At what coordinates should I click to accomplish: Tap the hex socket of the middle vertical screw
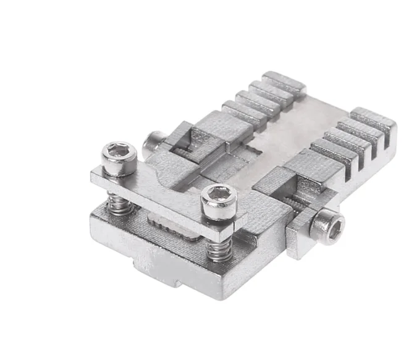pyautogui.click(x=219, y=195)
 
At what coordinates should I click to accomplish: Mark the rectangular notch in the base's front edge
pyautogui.click(x=154, y=272)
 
